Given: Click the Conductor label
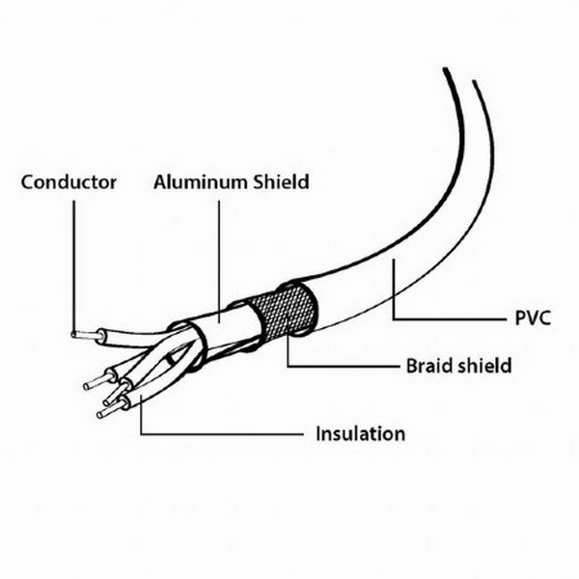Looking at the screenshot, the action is pyautogui.click(x=69, y=182).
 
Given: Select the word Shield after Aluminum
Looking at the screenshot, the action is pyautogui.click(x=281, y=182).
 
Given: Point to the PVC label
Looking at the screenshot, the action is pyautogui.click(x=533, y=317).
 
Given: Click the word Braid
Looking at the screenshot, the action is pyautogui.click(x=428, y=366).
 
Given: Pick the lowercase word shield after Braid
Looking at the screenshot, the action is pyautogui.click(x=484, y=366).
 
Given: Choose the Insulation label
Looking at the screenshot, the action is pyautogui.click(x=360, y=434).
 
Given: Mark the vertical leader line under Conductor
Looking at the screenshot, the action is pyautogui.click(x=73, y=267).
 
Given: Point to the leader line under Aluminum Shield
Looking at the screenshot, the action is pyautogui.click(x=219, y=262).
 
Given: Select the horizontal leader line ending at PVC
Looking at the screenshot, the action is pyautogui.click(x=451, y=318).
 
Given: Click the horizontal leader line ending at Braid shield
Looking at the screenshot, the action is pyautogui.click(x=343, y=367).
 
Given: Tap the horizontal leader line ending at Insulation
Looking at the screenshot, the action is pyautogui.click(x=222, y=434).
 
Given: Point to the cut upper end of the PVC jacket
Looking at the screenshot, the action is pyautogui.click(x=459, y=74).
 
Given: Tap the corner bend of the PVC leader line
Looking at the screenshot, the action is pyautogui.click(x=394, y=318).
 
